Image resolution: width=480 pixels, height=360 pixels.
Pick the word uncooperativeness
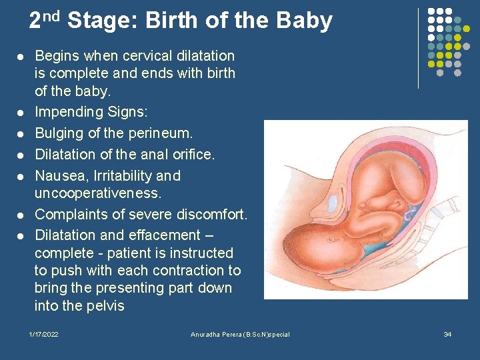point(98,193)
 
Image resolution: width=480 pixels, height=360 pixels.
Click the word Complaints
point(72,215)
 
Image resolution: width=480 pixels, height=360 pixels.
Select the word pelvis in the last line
point(106,306)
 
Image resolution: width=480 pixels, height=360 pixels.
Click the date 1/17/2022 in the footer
point(44,334)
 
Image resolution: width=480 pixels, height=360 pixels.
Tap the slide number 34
point(447,334)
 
